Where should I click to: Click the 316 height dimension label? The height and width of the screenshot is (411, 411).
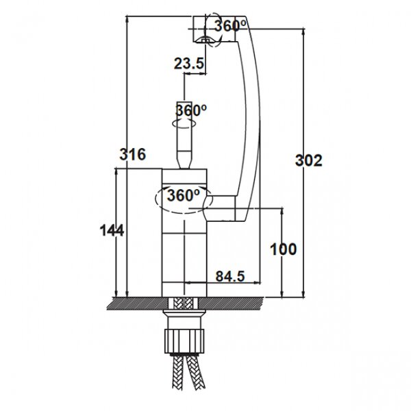[x=133, y=154]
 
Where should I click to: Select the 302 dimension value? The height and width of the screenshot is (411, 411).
[x=308, y=160]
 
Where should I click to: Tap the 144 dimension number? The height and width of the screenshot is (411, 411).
[x=112, y=231]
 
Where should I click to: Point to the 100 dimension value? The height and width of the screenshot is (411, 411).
[x=284, y=249]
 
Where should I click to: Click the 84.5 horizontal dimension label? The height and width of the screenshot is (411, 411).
[x=230, y=276]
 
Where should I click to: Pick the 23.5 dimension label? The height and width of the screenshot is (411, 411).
[x=189, y=64]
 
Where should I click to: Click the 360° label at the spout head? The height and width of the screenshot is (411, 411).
[x=230, y=26]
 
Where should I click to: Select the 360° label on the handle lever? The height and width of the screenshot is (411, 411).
[x=191, y=110]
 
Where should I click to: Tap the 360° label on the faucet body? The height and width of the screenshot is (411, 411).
[x=183, y=195]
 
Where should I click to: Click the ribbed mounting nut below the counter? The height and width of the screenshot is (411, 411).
[x=184, y=341]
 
